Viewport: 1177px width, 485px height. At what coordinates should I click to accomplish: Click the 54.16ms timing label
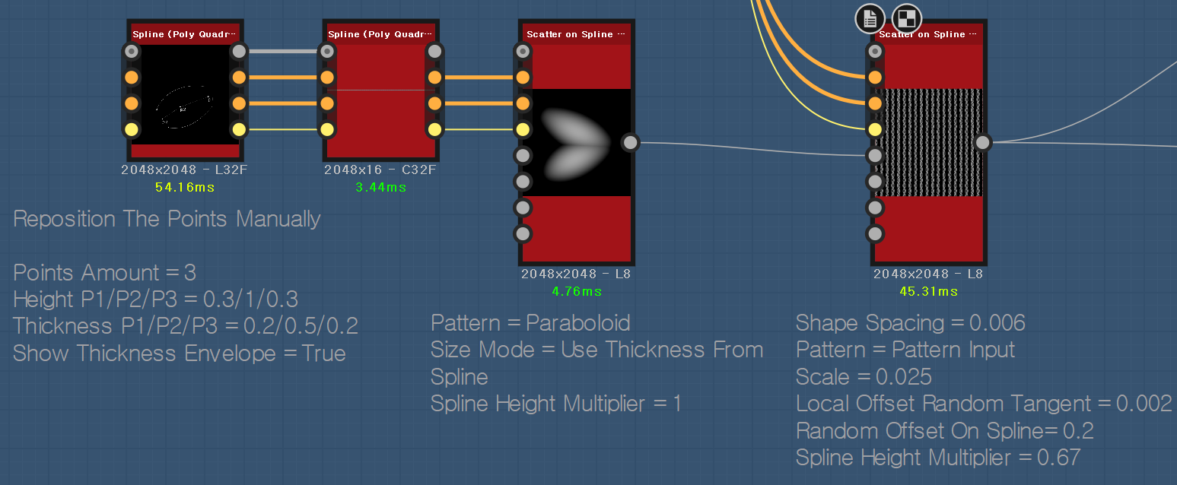(184, 187)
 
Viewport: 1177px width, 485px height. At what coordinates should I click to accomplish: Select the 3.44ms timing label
(380, 187)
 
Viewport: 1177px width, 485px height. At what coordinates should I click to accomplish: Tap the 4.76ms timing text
(576, 291)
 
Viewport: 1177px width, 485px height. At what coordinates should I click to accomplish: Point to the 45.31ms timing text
(928, 291)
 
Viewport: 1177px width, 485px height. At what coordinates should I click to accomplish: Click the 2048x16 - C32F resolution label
(380, 170)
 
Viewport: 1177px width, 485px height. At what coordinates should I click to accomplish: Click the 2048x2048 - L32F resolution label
(184, 170)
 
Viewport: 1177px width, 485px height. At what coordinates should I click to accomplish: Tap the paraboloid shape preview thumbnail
(576, 142)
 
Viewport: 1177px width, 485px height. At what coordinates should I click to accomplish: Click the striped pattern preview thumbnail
(928, 142)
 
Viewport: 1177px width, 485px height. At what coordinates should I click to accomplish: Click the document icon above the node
(870, 18)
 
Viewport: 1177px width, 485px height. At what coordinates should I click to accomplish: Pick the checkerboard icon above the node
(907, 18)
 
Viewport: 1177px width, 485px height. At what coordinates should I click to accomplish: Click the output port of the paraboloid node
(630, 142)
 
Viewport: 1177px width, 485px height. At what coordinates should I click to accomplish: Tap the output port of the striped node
(983, 142)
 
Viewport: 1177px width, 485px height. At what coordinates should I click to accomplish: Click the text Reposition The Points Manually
(167, 219)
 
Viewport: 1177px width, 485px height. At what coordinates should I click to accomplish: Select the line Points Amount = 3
(105, 273)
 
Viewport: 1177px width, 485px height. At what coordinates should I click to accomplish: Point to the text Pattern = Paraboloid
(530, 323)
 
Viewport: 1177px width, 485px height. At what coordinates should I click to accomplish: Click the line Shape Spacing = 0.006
(910, 323)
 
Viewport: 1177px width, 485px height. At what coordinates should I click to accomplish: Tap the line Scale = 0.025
(864, 377)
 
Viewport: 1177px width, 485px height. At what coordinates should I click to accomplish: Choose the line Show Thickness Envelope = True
(180, 353)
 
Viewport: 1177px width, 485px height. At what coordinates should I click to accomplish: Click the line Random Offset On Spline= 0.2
(944, 431)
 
